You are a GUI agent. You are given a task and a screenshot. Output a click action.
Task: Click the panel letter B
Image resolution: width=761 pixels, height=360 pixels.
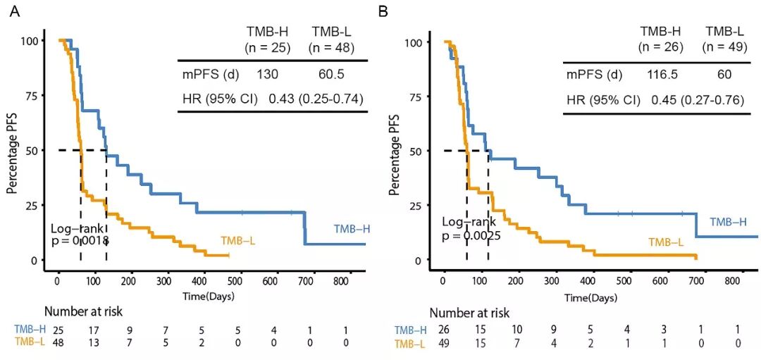[x=383, y=11]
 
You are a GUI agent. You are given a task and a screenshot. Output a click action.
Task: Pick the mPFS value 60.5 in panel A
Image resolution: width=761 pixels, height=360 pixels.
[x=331, y=74]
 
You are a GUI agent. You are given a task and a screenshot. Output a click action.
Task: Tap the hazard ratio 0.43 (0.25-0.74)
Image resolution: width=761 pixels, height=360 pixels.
[x=316, y=98]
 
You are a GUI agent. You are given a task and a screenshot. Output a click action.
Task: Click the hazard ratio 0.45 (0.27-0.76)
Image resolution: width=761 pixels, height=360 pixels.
[x=700, y=99]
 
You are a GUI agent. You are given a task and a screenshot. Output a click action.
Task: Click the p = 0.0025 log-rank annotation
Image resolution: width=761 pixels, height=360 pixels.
[x=471, y=235]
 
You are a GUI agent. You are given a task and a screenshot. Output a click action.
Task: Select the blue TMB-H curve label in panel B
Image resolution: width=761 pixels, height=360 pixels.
[x=728, y=222]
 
